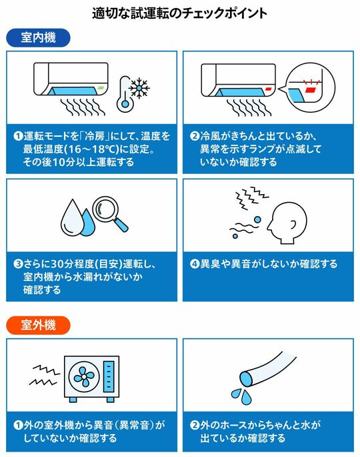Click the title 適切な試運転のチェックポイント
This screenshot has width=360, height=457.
click(x=180, y=13)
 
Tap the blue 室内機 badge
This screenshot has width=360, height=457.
click(x=38, y=37)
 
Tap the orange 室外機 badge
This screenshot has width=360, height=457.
click(x=38, y=325)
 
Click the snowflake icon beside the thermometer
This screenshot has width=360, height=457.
click(x=139, y=87)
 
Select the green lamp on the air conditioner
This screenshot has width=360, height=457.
click(x=101, y=87)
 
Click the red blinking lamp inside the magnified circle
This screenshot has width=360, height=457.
click(x=310, y=90)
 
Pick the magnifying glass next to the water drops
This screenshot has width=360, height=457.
click(x=109, y=213)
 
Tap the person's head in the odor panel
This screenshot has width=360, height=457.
click(x=287, y=223)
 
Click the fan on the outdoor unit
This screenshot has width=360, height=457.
click(x=84, y=376)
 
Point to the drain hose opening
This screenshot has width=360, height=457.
click(x=247, y=379)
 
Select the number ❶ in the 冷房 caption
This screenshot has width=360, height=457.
click(x=19, y=136)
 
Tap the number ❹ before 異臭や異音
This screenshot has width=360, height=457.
click(x=194, y=264)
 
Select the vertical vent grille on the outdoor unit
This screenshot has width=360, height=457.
click(x=109, y=376)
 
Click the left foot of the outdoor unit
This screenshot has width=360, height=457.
click(x=73, y=400)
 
